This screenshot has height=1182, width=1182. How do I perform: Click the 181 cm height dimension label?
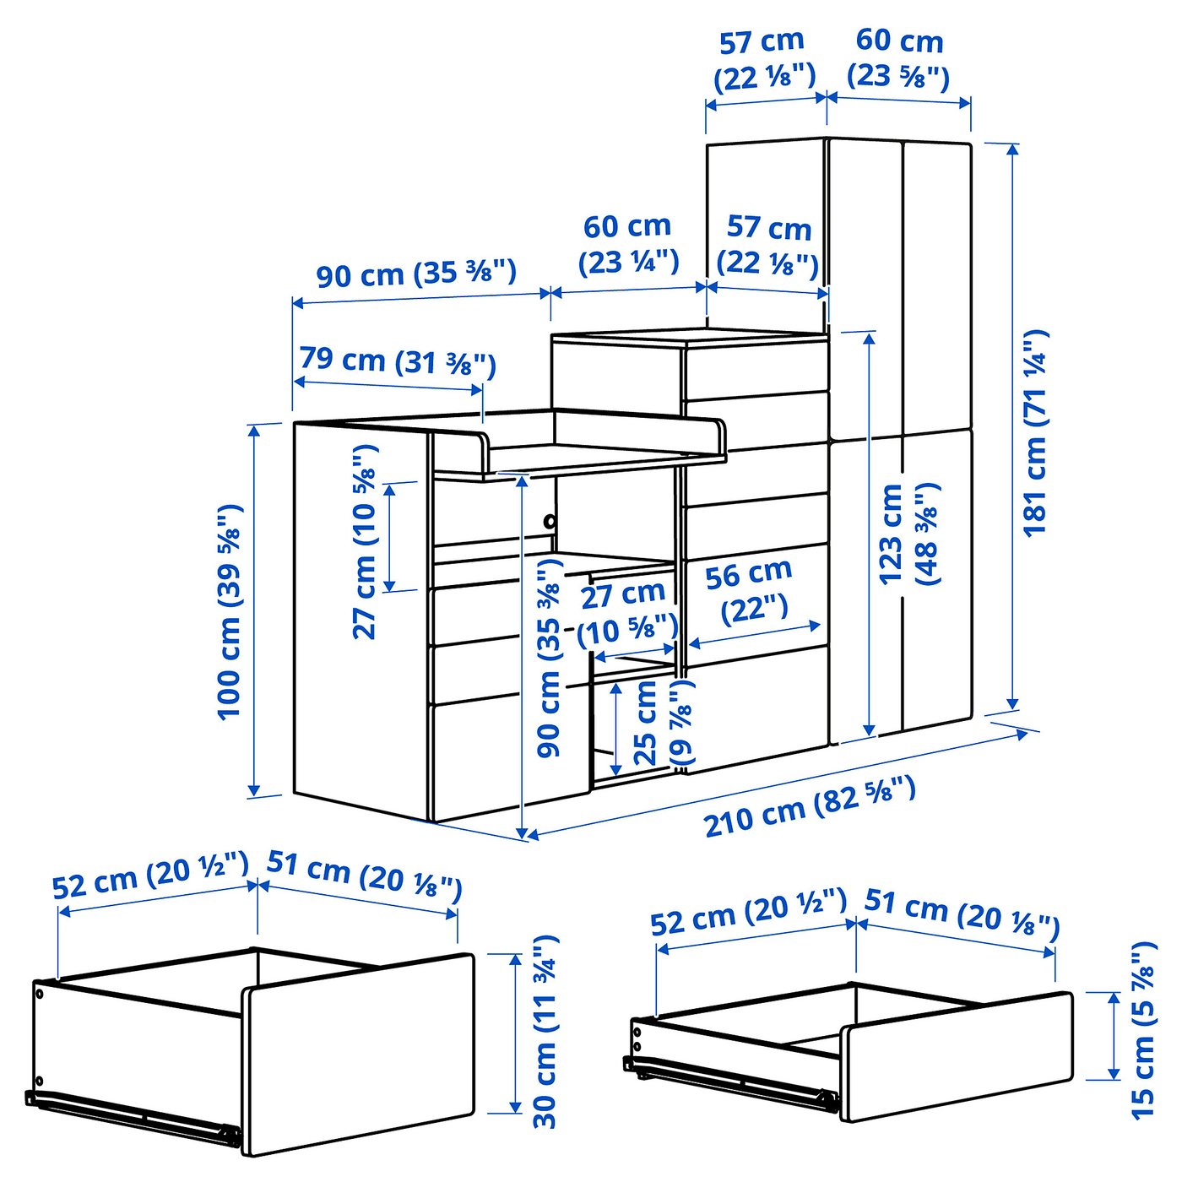(1035, 432)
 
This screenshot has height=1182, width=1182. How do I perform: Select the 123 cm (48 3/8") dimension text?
(908, 534)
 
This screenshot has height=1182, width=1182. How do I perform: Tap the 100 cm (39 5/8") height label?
(230, 611)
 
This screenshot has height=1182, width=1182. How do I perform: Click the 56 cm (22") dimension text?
(750, 590)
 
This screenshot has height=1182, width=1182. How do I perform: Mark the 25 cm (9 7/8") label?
(662, 723)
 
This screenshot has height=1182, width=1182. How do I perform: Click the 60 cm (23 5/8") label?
(899, 57)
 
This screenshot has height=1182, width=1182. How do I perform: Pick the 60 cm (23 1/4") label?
(627, 243)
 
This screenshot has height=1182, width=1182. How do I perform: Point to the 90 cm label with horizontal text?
(415, 274)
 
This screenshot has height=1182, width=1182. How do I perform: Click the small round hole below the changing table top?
(550, 521)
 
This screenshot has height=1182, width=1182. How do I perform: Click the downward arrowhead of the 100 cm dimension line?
(253, 790)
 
